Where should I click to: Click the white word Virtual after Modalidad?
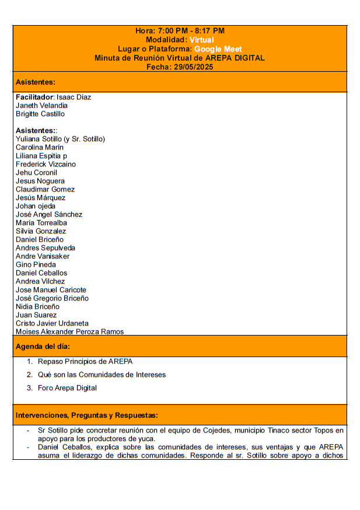click(202, 40)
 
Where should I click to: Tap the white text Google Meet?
click(218, 49)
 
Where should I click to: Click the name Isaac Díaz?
click(74, 97)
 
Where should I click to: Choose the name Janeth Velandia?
click(41, 106)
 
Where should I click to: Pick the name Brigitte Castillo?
click(40, 114)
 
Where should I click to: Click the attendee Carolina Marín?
click(39, 148)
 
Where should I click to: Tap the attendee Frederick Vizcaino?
click(46, 165)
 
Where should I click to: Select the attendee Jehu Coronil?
click(36, 173)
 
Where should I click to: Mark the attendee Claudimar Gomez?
click(45, 190)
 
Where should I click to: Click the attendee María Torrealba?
click(41, 223)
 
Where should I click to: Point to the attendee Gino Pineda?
click(36, 265)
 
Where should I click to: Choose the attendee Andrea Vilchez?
click(40, 281)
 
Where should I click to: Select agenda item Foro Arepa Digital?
click(67, 388)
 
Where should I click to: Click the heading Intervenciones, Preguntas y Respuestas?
click(86, 415)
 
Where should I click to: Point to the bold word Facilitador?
click(34, 97)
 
